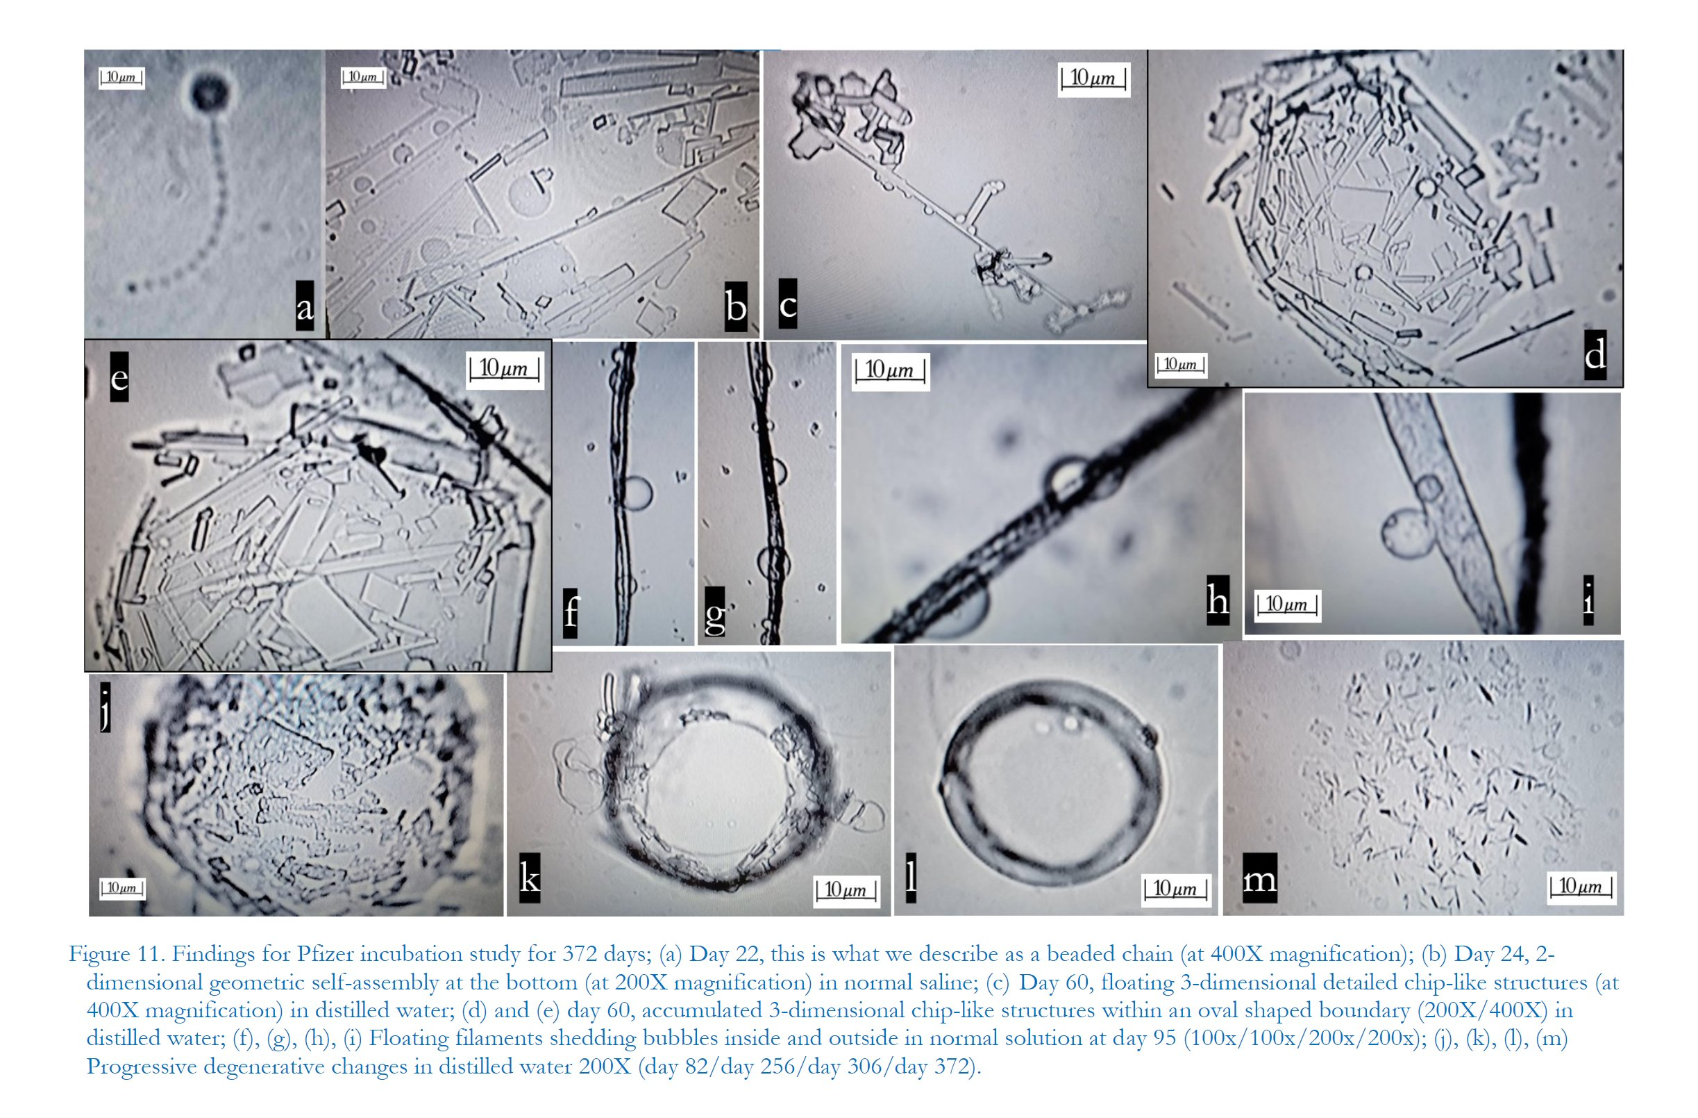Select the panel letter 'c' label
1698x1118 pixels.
[x=788, y=304]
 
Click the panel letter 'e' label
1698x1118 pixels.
[x=119, y=376]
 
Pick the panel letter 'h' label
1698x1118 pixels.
[x=1217, y=600]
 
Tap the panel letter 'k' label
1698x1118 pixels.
[x=530, y=878]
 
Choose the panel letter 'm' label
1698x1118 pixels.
[x=1259, y=878]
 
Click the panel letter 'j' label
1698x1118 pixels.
[x=105, y=707]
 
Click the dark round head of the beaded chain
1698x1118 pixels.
[x=209, y=92]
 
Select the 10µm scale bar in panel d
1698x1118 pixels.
[x=1181, y=365]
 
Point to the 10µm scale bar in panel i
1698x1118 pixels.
[x=1287, y=605]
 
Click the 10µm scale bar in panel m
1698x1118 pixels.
[x=1580, y=887]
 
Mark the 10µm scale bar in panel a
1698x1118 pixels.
[x=121, y=78]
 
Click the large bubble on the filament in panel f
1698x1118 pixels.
[x=637, y=493]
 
